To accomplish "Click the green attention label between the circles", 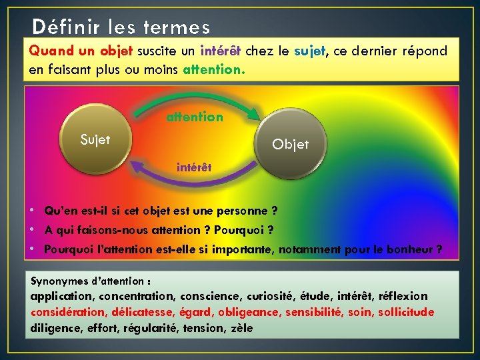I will pyautogui.click(x=195, y=117).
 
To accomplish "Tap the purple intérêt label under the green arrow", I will pyautogui.click(x=194, y=167).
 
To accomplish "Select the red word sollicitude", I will pyautogui.click(x=406, y=312).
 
